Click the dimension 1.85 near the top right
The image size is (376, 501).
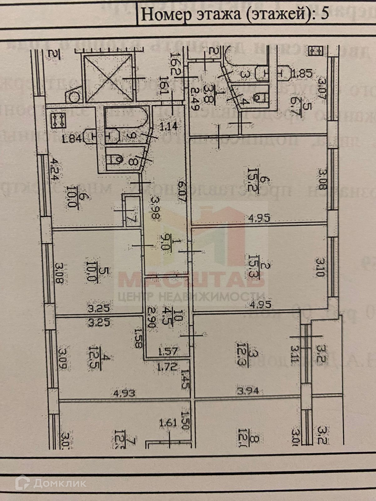302,74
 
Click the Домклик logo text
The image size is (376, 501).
59,483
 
